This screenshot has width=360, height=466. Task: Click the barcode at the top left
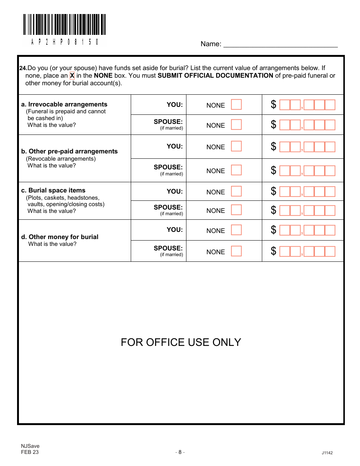click(x=64, y=25)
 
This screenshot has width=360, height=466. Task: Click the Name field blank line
click(x=280, y=44)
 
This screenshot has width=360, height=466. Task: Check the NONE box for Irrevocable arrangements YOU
click(x=236, y=105)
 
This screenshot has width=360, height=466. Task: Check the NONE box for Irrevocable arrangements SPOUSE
click(x=236, y=125)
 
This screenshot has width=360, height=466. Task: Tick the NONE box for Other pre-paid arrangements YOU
click(x=236, y=146)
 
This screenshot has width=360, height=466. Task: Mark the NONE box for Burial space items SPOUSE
click(x=236, y=210)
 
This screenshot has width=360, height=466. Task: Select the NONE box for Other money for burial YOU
click(x=236, y=230)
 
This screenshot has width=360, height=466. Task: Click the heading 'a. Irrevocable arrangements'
click(x=64, y=104)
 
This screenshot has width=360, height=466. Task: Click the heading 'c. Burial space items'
click(x=53, y=190)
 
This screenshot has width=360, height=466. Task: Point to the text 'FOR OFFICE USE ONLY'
click(x=181, y=342)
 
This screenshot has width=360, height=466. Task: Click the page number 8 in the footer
click(x=180, y=452)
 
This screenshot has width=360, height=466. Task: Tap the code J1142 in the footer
click(x=327, y=453)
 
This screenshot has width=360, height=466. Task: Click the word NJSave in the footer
click(x=30, y=446)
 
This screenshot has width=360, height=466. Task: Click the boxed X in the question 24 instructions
click(x=72, y=75)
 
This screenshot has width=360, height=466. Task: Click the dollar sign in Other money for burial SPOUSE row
click(x=273, y=251)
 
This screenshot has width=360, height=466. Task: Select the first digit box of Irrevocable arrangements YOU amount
click(x=285, y=105)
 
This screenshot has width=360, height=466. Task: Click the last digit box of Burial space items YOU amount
click(x=330, y=192)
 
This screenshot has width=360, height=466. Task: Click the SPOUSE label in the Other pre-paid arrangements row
click(x=168, y=167)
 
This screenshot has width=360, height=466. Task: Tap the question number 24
click(x=23, y=68)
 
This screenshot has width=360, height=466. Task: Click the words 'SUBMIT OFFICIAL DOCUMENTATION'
click(x=215, y=75)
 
